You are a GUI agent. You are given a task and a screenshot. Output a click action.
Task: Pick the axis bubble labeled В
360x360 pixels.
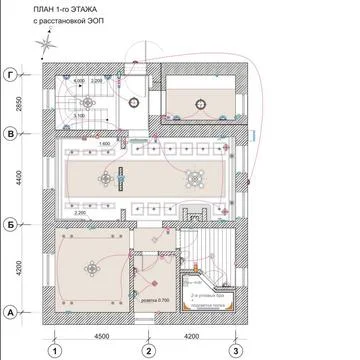pyautogui.click(x=11, y=132)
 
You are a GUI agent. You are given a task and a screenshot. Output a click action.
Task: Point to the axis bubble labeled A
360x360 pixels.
pyautogui.click(x=11, y=312)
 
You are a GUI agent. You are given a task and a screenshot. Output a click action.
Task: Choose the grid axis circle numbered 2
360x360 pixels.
pyautogui.click(x=147, y=350)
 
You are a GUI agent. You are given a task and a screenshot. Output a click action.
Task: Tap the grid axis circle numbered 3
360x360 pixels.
pyautogui.click(x=235, y=350)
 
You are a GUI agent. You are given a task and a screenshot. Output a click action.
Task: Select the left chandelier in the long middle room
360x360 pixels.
pyautogui.click(x=106, y=178)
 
